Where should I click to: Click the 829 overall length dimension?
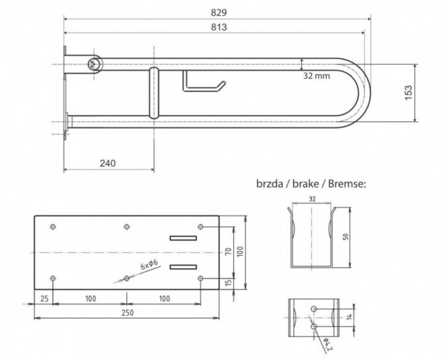click(219, 13)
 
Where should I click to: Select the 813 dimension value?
click(219, 27)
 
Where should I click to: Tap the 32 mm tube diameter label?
click(316, 76)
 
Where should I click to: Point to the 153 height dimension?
click(408, 92)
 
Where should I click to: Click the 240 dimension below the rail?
click(108, 163)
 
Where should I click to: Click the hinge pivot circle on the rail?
click(93, 64)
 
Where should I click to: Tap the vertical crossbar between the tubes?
click(154, 93)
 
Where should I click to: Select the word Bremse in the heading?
click(347, 184)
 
